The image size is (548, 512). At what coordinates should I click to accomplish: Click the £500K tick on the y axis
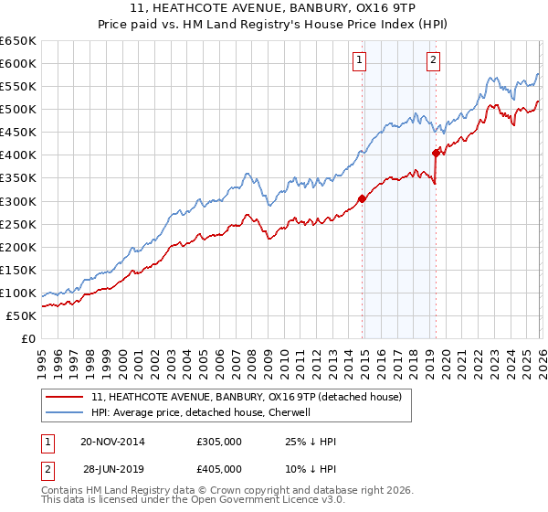[x=17, y=110]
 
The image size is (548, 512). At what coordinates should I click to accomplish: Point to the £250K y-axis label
[x=17, y=224]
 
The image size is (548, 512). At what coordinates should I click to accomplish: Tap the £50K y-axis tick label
[x=21, y=316]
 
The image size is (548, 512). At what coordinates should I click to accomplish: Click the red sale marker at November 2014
[x=362, y=198]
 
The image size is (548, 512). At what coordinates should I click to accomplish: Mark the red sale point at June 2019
[x=436, y=153]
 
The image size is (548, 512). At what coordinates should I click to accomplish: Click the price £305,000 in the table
[x=219, y=443]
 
